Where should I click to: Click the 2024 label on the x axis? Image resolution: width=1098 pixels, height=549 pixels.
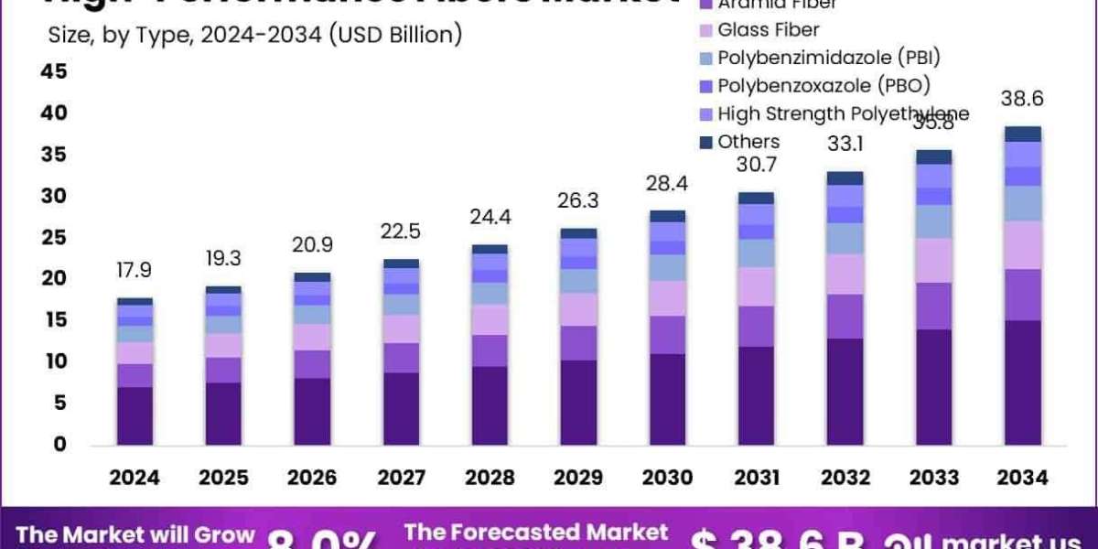(135, 478)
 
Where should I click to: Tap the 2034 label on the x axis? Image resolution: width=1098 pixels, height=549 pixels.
(1023, 478)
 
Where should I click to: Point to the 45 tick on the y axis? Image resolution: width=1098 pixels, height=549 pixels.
(54, 71)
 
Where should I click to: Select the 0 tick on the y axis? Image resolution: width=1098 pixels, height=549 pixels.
(60, 445)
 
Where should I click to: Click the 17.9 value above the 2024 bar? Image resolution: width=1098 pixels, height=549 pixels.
(135, 272)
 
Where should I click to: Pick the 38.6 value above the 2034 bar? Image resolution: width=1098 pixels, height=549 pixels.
(1023, 99)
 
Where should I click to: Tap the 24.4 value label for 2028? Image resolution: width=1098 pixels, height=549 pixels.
(490, 220)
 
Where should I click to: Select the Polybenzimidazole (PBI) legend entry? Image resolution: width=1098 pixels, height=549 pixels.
(828, 58)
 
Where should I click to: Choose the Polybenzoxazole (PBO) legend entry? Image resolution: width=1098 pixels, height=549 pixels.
(823, 86)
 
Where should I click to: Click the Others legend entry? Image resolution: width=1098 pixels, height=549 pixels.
(748, 142)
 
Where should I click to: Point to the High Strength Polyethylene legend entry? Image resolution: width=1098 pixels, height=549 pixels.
(842, 113)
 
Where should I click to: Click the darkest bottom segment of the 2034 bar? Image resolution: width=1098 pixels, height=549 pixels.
(1023, 382)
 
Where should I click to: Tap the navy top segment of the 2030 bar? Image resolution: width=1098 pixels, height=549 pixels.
(668, 216)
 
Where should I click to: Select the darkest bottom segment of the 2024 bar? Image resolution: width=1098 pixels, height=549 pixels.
(135, 416)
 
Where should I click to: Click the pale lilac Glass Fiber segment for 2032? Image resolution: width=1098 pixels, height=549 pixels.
(845, 274)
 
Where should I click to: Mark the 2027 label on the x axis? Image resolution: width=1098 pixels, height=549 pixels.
(401, 478)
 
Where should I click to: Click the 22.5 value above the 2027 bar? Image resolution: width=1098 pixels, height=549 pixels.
(401, 232)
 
